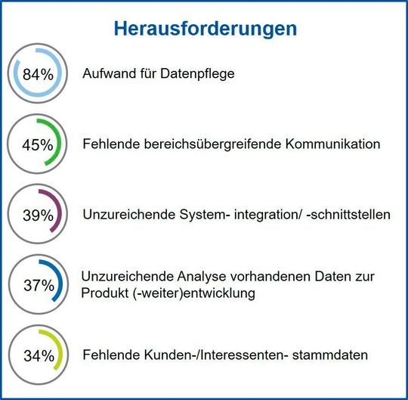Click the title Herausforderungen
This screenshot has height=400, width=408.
pyautogui.click(x=205, y=29)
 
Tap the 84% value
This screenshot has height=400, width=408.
pyautogui.click(x=38, y=75)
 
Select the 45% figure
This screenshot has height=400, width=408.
pyautogui.click(x=38, y=144)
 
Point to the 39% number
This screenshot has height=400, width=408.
pyautogui.click(x=38, y=216)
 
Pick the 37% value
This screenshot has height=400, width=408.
pyautogui.click(x=38, y=285)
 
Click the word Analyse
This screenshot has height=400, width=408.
pyautogui.click(x=188, y=277)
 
